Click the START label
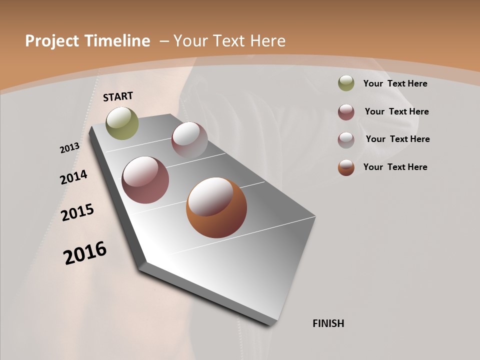pos(118,96)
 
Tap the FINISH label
pos(328,323)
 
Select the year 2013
pos(69,148)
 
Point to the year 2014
pos(73,177)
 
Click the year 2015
pos(77,212)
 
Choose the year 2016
pos(85,253)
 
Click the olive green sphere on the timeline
pos(122,123)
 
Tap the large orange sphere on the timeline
pos(216,207)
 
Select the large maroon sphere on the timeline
pos(145,180)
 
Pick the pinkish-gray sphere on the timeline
pos(189,139)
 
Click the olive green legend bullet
pos(346,83)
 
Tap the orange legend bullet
pos(346,167)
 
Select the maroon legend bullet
pos(346,112)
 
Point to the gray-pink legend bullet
pos(346,140)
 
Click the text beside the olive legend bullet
pos(395,83)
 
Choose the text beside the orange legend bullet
pos(395,167)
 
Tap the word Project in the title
pos(52,41)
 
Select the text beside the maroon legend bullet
pos(396,111)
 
